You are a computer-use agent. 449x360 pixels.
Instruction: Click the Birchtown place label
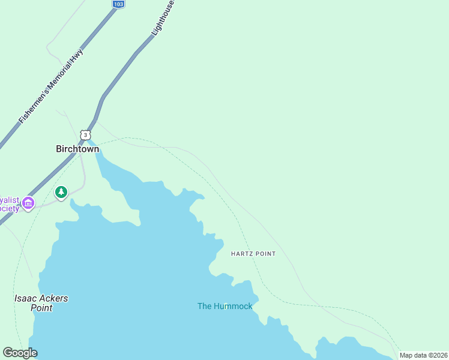[77, 149]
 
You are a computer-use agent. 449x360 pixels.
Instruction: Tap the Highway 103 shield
[118, 4]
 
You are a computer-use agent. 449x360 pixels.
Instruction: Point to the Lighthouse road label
[163, 17]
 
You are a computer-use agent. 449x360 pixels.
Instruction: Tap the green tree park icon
[61, 192]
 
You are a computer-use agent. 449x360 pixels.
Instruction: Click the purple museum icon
[27, 204]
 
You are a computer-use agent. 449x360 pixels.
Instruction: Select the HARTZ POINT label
[253, 254]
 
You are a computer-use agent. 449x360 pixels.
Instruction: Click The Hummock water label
[224, 306]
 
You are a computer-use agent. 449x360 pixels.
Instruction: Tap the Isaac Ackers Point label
[41, 303]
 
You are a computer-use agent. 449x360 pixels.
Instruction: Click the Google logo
[20, 353]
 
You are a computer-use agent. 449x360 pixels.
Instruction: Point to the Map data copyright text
[424, 355]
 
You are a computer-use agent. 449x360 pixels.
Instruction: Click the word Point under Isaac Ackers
[41, 308]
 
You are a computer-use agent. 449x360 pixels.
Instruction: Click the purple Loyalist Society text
[10, 204]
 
